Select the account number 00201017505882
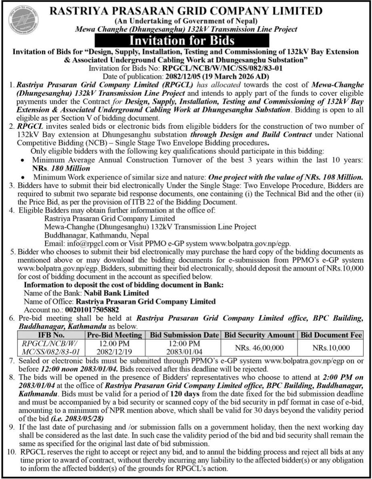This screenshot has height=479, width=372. (x=92, y=309)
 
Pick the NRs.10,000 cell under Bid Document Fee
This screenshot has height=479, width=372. (x=331, y=347)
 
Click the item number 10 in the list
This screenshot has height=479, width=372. (x=11, y=451)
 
